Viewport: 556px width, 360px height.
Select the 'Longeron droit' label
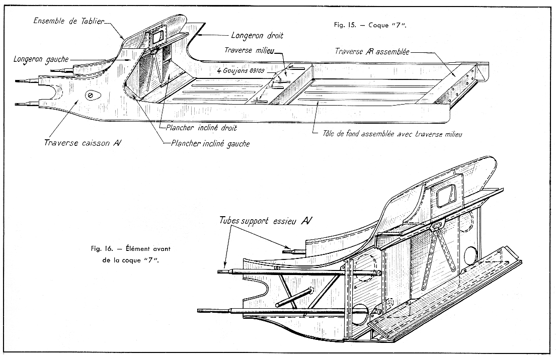click(x=257, y=36)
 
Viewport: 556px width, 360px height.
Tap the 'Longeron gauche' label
click(x=41, y=59)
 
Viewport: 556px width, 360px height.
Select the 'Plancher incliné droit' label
click(x=201, y=128)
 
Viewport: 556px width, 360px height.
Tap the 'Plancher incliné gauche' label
click(x=211, y=143)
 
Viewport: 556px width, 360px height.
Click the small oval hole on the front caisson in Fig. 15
click(x=91, y=95)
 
